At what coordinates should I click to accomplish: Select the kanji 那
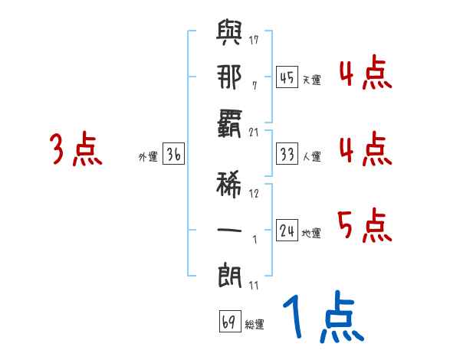(229, 78)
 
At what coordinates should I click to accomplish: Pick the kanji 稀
(229, 184)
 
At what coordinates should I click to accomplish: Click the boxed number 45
(287, 77)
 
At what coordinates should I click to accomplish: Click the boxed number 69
(229, 322)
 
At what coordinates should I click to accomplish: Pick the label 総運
(255, 324)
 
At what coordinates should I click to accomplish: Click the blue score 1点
(322, 318)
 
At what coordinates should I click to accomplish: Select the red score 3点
(76, 149)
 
